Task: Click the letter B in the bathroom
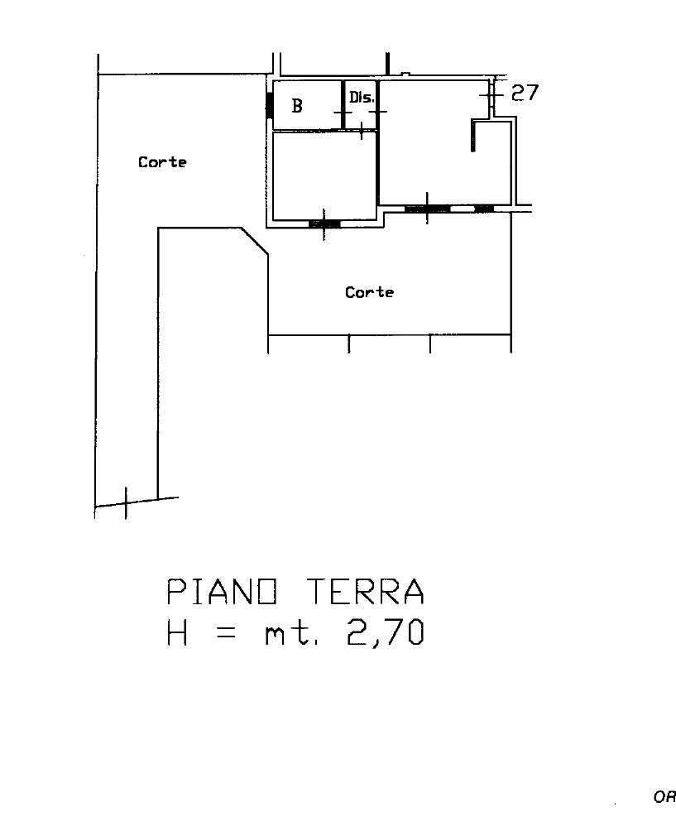point(297,105)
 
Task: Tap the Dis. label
point(362,97)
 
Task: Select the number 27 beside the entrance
point(525,93)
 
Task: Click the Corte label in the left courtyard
point(162,162)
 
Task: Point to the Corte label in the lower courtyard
point(369,292)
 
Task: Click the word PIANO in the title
point(222,592)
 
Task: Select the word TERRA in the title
point(366,592)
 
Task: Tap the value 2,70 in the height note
point(385,632)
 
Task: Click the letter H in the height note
point(177,632)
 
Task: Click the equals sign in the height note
point(226,633)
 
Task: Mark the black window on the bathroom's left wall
point(269,105)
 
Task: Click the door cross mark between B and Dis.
point(343,113)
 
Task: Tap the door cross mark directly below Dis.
point(362,130)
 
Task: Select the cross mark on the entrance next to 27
point(491,95)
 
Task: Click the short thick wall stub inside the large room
point(473,136)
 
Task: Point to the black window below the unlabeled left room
point(324,224)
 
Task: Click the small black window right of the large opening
point(484,209)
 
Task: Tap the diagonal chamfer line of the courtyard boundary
point(255,241)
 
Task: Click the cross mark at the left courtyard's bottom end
point(126,503)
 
